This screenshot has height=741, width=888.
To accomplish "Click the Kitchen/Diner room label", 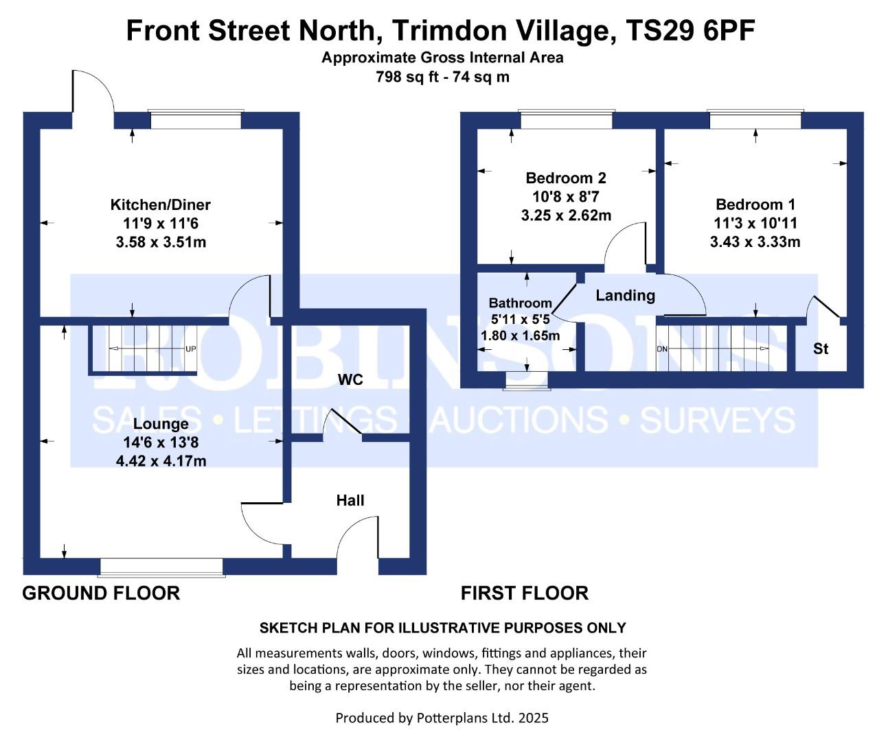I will coord(160,204).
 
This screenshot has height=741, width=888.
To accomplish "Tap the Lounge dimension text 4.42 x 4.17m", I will coord(161,461).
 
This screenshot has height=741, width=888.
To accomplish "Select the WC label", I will coord(350,380).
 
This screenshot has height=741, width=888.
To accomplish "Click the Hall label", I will coord(350,500).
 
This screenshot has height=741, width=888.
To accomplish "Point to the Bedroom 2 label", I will coord(565,178).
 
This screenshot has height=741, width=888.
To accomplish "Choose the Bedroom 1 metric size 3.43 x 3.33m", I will coord(755,242).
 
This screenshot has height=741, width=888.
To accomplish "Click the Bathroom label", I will coord(520,303).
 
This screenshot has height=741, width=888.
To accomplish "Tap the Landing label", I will coord(625,296).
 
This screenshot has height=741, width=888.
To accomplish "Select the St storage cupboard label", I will coord(820,349).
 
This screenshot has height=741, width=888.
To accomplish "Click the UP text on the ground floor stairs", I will coord(190,349).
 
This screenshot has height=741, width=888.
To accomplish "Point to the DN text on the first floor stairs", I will coord(662,349).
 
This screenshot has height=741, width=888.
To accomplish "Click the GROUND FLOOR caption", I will coord(101,593).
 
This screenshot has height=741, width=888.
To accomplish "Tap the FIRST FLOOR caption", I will coord(524,593).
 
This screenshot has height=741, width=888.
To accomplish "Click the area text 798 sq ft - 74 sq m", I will coord(442,77).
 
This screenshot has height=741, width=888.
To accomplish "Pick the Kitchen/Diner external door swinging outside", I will coord(93,96).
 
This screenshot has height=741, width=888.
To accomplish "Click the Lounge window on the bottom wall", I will coord(162,567).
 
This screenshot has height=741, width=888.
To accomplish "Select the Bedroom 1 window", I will coord(755,121).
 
